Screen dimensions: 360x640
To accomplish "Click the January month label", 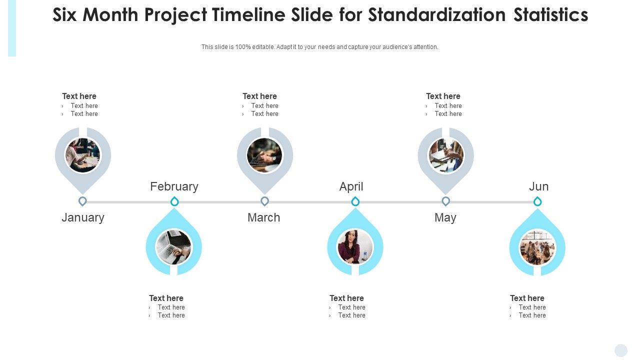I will (x=83, y=217).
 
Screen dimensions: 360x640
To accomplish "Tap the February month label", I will (x=174, y=186).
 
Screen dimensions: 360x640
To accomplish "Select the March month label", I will (x=263, y=217).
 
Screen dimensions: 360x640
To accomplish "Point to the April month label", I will (x=351, y=186).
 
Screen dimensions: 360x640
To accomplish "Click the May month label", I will (x=445, y=217).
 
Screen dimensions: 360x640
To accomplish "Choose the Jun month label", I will (x=538, y=186).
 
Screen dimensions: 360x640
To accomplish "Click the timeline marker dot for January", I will (x=83, y=201).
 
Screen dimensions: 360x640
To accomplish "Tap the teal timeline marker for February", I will (x=174, y=201).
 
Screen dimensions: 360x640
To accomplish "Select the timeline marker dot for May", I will (x=445, y=201).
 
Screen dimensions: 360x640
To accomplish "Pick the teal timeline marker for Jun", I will (x=537, y=201).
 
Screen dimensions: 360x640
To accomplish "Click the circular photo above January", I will (x=83, y=155).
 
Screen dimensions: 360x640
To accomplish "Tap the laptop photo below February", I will (x=173, y=247).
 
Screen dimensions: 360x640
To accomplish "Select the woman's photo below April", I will (x=355, y=246).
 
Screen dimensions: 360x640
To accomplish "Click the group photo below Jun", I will (x=537, y=247).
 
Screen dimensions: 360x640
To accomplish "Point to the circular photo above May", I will (x=446, y=155).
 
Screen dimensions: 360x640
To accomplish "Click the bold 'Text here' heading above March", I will (x=259, y=96).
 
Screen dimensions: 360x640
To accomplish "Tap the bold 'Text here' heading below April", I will (x=346, y=298).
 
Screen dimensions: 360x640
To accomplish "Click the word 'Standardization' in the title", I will (x=437, y=15).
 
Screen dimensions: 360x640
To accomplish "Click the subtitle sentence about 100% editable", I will (x=320, y=47).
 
